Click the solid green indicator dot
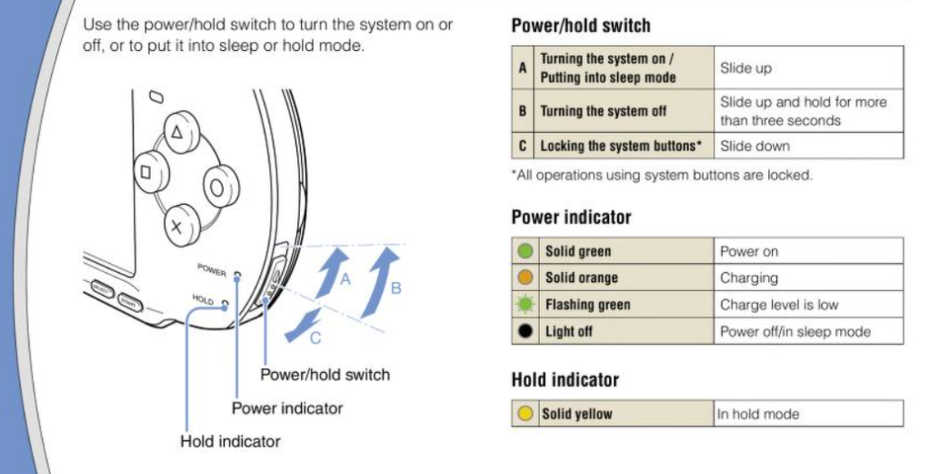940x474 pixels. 525,251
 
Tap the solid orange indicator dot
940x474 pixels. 525,277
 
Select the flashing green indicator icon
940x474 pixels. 525,305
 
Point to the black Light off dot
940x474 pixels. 525,331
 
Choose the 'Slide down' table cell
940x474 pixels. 808,146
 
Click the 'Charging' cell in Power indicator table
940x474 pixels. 808,277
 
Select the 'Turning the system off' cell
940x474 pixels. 625,111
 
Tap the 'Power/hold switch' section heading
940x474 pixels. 581,25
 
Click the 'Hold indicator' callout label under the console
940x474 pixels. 230,441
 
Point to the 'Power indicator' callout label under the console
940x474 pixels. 287,408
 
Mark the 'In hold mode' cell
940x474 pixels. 808,414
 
